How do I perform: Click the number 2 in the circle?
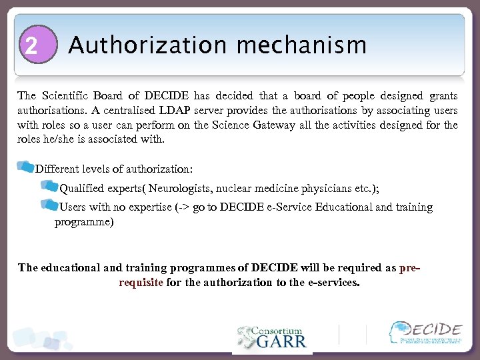coord(31,45)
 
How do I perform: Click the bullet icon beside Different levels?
coord(25,166)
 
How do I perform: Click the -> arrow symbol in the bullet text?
coord(183,207)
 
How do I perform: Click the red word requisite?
coord(141,282)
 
